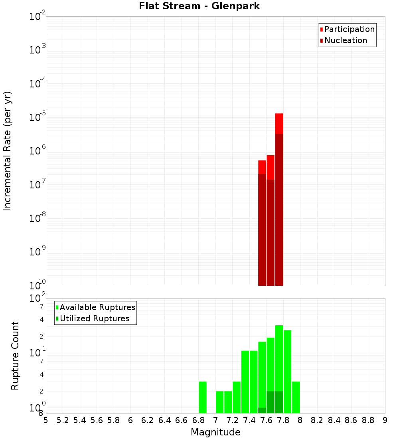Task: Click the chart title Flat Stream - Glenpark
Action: [x=199, y=6]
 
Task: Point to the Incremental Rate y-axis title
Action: [x=8, y=151]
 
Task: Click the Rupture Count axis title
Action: [x=15, y=356]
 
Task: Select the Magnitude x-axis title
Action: [x=215, y=432]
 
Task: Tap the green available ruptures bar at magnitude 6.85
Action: [x=203, y=397]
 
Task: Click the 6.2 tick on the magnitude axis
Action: [x=148, y=420]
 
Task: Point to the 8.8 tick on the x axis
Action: [x=368, y=420]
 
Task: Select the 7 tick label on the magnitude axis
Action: [x=215, y=420]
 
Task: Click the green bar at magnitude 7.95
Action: [x=296, y=397]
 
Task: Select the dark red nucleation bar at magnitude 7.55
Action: [x=262, y=229]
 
